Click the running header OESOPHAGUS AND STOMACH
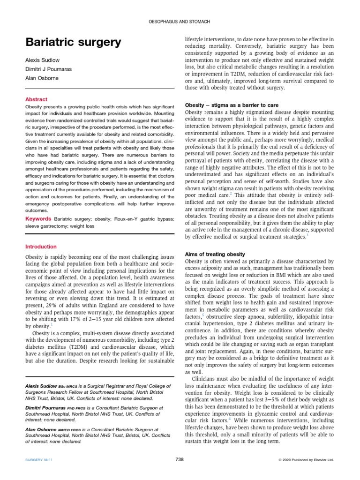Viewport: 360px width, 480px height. (180, 22)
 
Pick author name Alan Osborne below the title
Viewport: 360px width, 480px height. (41, 78)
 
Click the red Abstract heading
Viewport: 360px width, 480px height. (36, 99)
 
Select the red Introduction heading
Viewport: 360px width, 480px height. (41, 247)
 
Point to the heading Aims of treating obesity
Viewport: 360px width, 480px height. (215, 254)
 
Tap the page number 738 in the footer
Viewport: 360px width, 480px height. (180, 459)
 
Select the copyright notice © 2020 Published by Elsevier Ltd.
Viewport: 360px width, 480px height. (306, 460)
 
